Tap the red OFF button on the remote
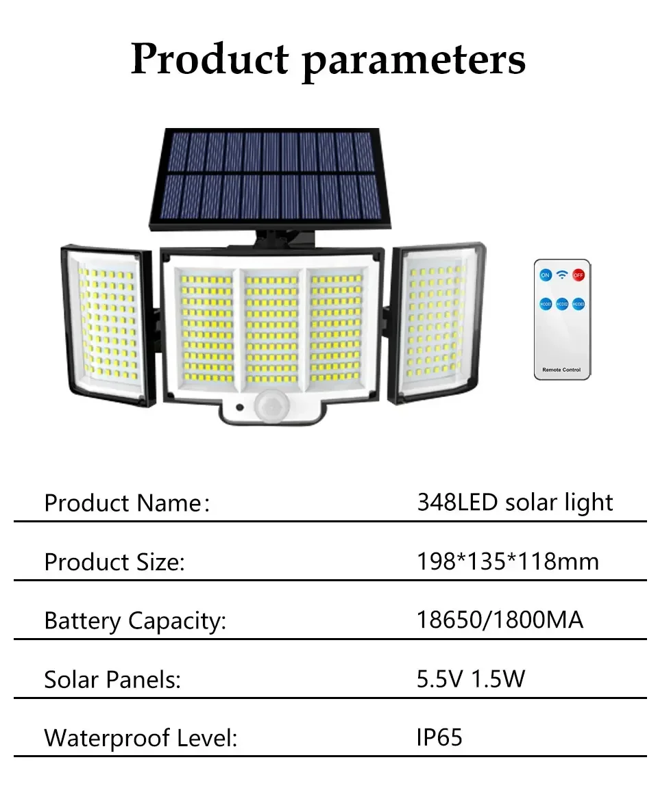coord(578,275)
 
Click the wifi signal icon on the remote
coord(562,275)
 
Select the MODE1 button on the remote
coord(546,304)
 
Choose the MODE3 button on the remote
coord(578,304)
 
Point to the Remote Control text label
coord(561,370)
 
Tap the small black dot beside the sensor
coord(240,407)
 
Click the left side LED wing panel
coord(107,325)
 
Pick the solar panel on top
coord(267,180)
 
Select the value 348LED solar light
coord(515,503)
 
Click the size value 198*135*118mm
coord(508,561)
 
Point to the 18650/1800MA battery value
coord(500,620)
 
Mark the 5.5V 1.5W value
coord(470,679)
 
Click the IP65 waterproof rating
coord(439,738)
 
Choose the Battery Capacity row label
coord(135,621)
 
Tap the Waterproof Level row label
coord(141,738)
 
